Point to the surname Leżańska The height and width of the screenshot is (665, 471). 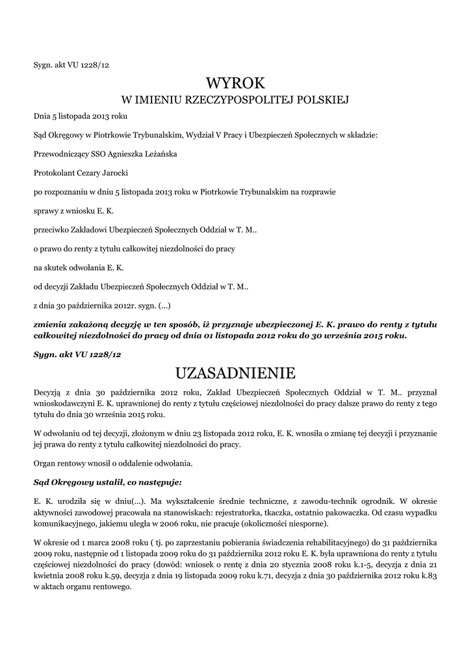tap(158, 155)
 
